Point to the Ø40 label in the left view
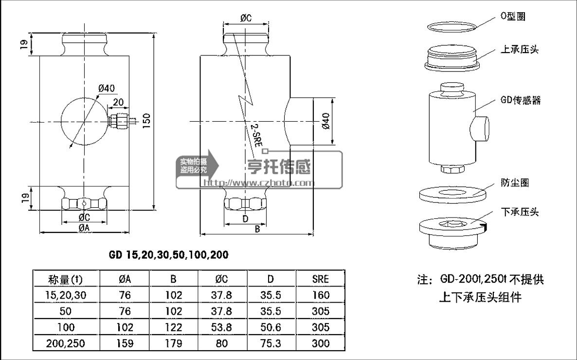point(106,89)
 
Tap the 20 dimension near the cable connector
point(117,102)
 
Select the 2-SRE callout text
point(255,135)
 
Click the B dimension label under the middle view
point(257,228)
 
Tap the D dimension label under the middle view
point(245,219)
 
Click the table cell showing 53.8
point(222,327)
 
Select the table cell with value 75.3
point(271,343)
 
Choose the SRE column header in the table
point(320,279)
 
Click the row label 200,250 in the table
point(66,343)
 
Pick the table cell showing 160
point(320,295)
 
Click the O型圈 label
point(513,17)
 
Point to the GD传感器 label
point(520,100)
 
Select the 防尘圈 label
point(515,183)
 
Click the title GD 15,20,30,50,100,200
point(168,255)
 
